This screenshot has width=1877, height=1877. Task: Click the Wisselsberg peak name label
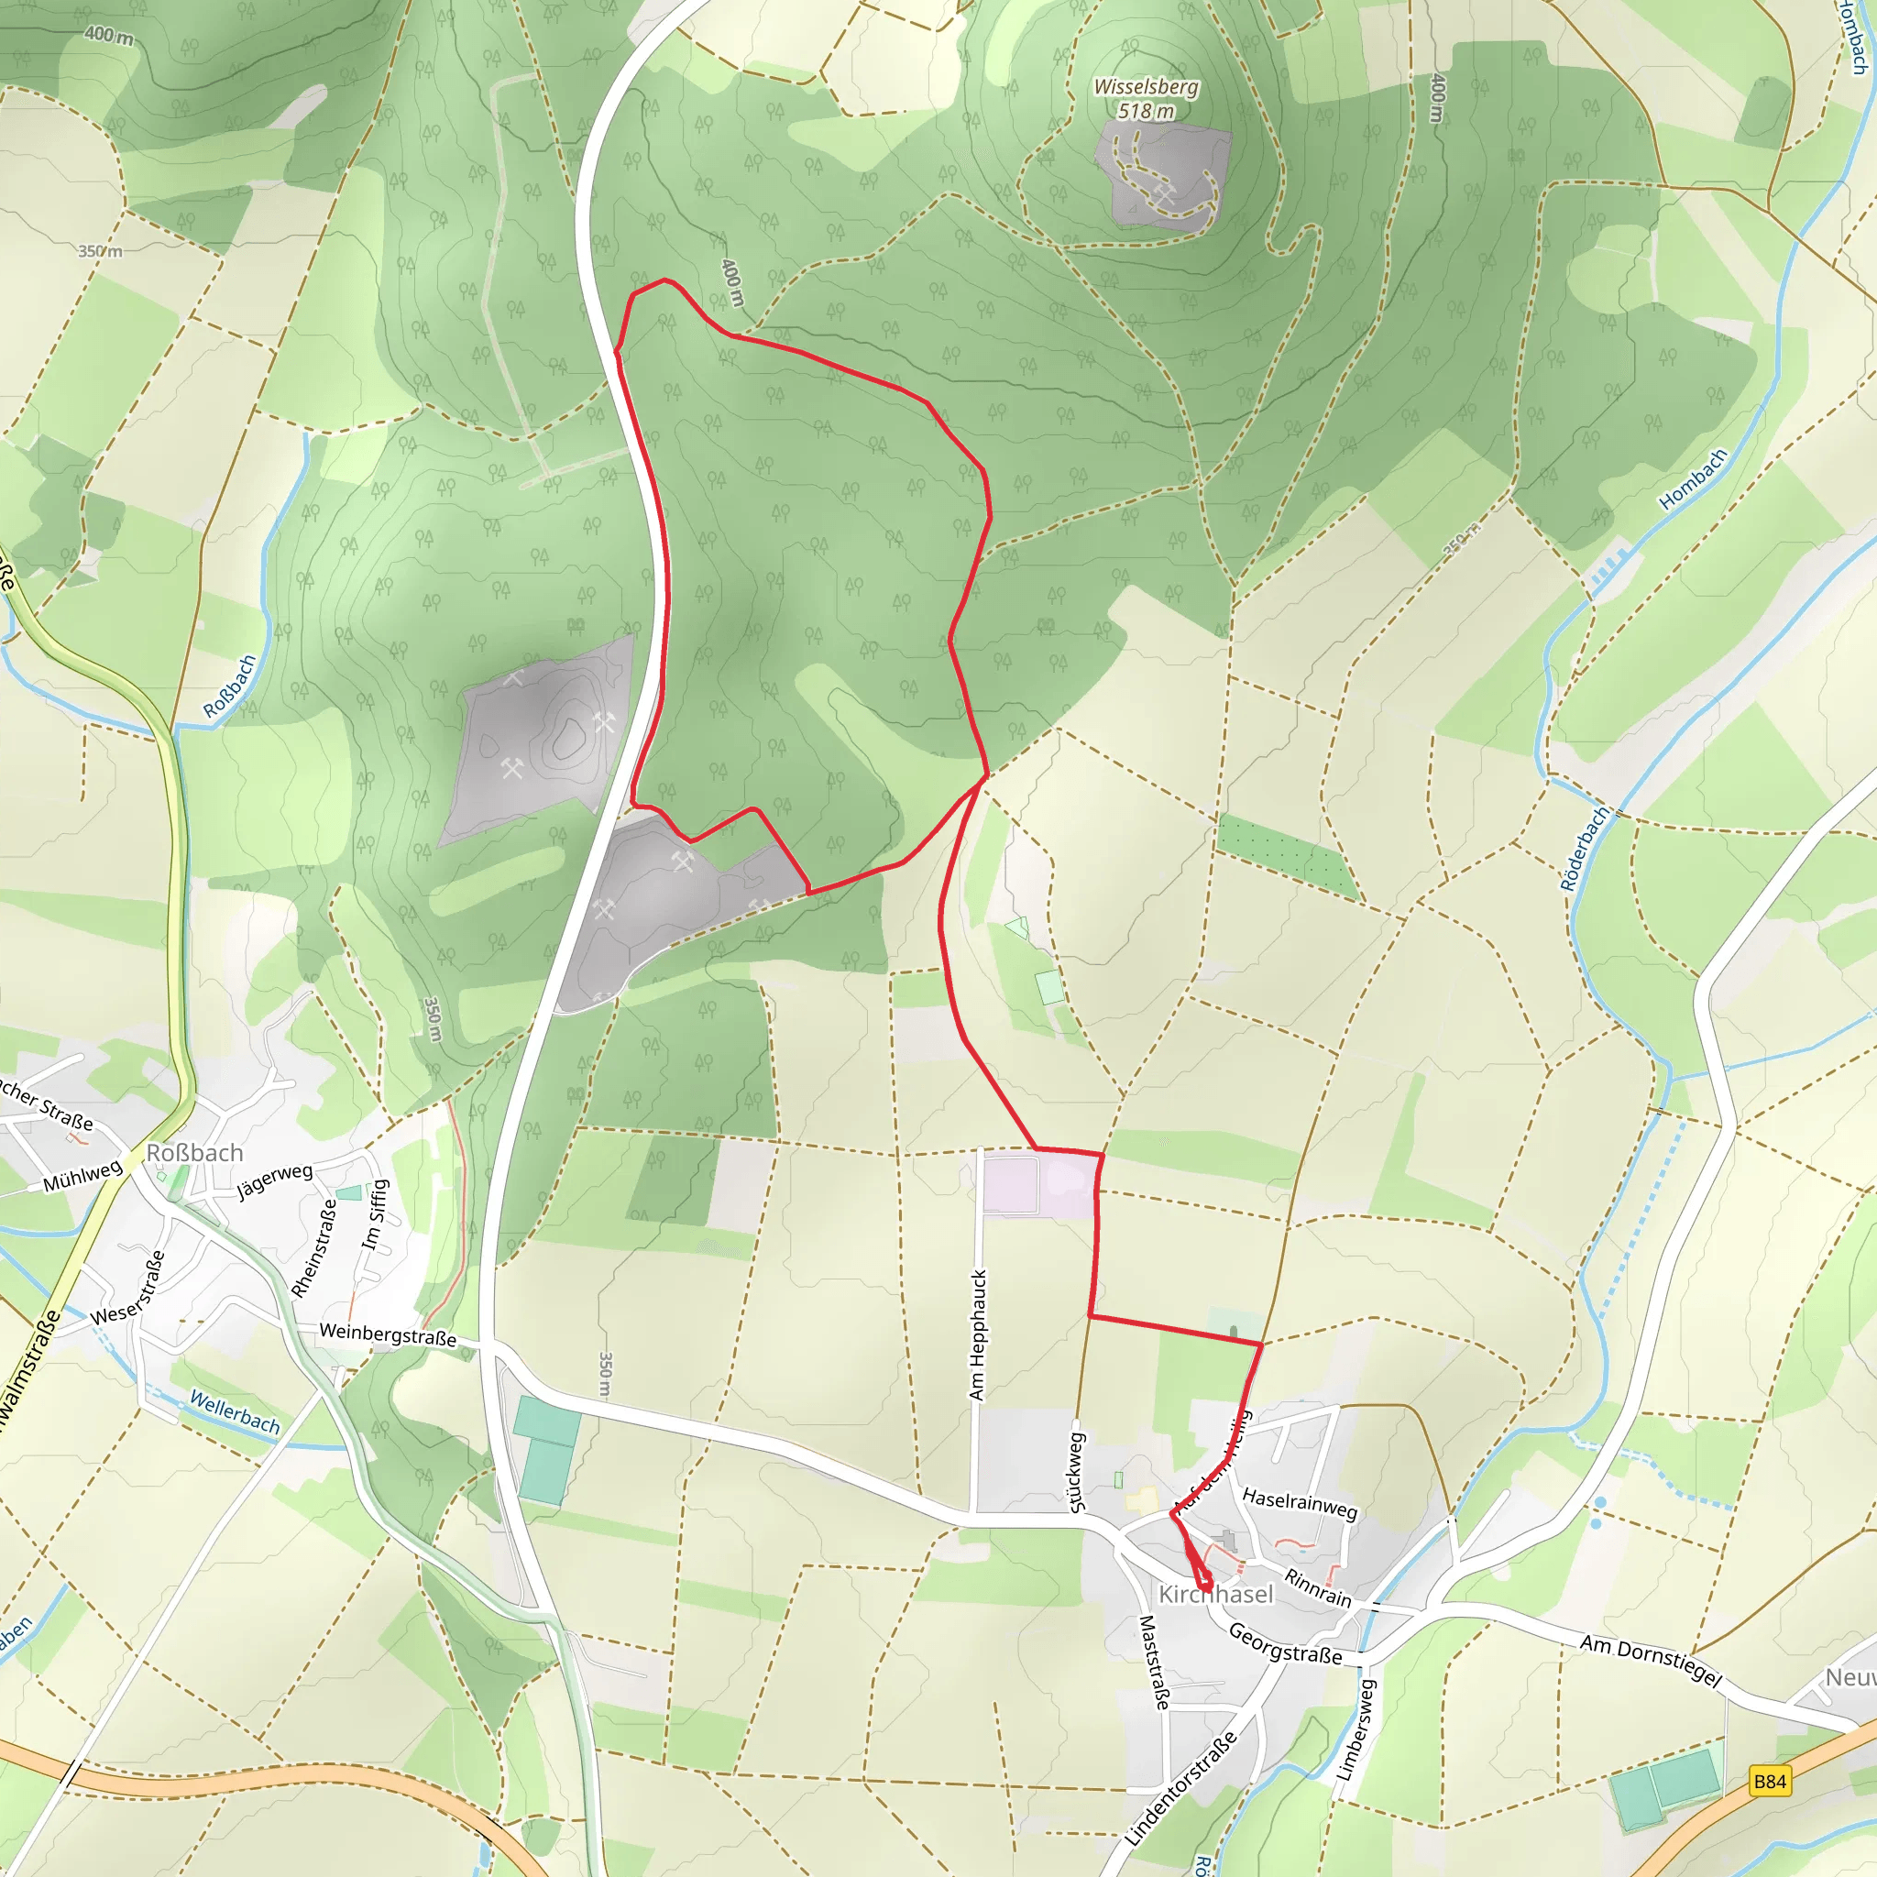click(x=1146, y=87)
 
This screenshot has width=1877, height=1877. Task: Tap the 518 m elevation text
click(x=1146, y=111)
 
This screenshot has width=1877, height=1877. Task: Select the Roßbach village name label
click(x=194, y=1153)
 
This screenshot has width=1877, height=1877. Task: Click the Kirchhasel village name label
click(x=1215, y=1595)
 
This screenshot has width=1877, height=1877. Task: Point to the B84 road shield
click(x=1769, y=1781)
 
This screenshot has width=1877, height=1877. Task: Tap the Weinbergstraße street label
click(x=388, y=1334)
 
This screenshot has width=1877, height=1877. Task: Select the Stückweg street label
click(x=1077, y=1472)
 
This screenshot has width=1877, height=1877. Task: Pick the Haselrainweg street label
click(x=1299, y=1504)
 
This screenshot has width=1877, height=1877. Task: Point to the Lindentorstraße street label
click(x=1181, y=1786)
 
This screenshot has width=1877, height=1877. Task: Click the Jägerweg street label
click(x=275, y=1181)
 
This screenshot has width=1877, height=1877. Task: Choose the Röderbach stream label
click(x=1584, y=848)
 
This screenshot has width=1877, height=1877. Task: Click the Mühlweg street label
click(x=82, y=1176)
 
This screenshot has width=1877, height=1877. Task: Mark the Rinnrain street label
click(x=1317, y=1587)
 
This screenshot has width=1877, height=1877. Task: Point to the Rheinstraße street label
click(x=314, y=1247)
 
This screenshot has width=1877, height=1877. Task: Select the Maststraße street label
click(x=1153, y=1663)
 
